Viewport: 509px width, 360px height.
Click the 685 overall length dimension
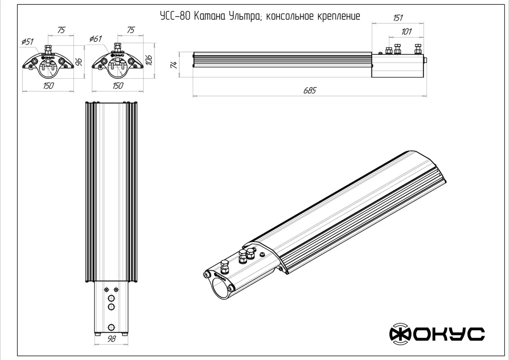[x=310, y=91]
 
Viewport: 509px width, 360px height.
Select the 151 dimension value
[x=398, y=18]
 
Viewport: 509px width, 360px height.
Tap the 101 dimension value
[x=406, y=32]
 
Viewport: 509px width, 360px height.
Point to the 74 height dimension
[x=174, y=65]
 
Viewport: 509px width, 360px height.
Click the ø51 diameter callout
[x=28, y=42]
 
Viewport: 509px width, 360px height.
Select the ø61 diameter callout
[x=96, y=39]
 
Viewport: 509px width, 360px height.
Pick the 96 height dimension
[x=79, y=62]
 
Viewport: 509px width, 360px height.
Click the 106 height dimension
[x=149, y=60]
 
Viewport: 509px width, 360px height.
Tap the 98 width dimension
[x=112, y=339]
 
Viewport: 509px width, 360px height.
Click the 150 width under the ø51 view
[x=48, y=86]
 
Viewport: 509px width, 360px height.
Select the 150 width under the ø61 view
[x=118, y=86]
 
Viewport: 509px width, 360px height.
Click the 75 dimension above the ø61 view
[x=131, y=30]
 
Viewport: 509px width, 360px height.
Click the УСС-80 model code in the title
[x=175, y=16]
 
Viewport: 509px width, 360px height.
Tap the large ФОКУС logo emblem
[x=401, y=334]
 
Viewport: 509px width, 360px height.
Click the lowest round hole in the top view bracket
[x=111, y=327]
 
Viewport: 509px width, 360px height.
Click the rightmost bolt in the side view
[x=418, y=49]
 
